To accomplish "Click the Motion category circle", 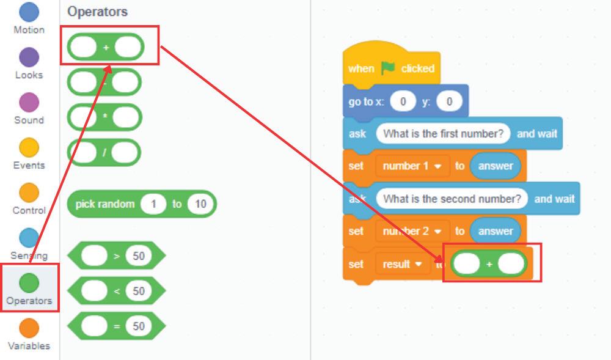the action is pyautogui.click(x=29, y=13).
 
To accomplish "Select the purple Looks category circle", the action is pyautogui.click(x=29, y=57).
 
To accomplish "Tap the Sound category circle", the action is pyautogui.click(x=29, y=103).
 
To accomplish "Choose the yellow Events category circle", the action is pyautogui.click(x=29, y=147).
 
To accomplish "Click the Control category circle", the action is pyautogui.click(x=29, y=193).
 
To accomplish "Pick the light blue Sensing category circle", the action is pyautogui.click(x=29, y=238).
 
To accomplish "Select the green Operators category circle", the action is pyautogui.click(x=29, y=283).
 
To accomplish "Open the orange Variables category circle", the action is pyautogui.click(x=29, y=328).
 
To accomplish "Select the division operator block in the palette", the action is pyautogui.click(x=104, y=152).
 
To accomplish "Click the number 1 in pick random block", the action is pyautogui.click(x=153, y=204).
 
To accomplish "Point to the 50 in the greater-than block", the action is pyautogui.click(x=139, y=256).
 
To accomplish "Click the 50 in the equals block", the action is pyautogui.click(x=139, y=326).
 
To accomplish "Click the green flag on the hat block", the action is pyautogui.click(x=388, y=68).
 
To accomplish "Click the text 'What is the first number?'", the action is pyautogui.click(x=443, y=134).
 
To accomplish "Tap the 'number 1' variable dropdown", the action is pyautogui.click(x=412, y=166).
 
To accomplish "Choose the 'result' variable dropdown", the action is pyautogui.click(x=402, y=264).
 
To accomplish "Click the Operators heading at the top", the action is pyautogui.click(x=98, y=12).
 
